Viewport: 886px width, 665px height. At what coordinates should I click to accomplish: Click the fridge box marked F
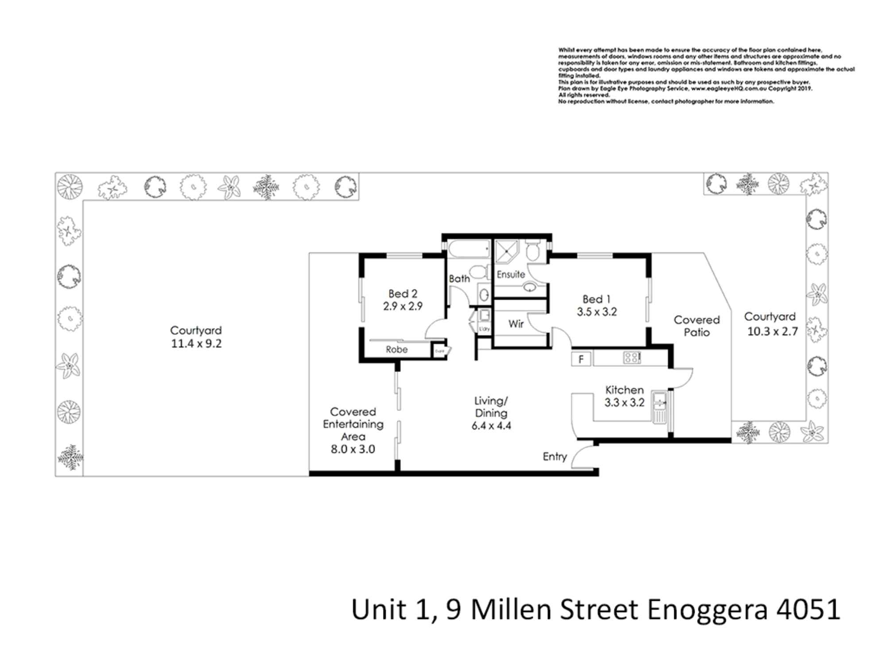(x=581, y=359)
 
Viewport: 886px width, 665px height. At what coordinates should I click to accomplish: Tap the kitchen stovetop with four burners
(x=632, y=357)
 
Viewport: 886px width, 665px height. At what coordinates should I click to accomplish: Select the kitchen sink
(x=660, y=407)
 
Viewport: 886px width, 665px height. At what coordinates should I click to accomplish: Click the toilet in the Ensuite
(x=532, y=251)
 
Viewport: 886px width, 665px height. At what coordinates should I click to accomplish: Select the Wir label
(x=516, y=324)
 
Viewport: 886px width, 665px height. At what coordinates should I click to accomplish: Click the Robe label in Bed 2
(x=396, y=350)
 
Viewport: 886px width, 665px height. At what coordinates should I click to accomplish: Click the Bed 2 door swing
(x=435, y=330)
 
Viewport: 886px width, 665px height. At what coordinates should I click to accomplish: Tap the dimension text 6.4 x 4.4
(x=491, y=426)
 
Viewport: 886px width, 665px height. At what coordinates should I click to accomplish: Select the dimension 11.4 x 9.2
(x=196, y=344)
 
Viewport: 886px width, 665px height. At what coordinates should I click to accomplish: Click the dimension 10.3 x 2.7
(x=773, y=332)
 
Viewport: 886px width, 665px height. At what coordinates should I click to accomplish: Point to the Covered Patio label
(x=697, y=326)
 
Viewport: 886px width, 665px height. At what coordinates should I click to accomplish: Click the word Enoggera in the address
(x=707, y=610)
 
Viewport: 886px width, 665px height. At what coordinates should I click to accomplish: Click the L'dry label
(x=484, y=329)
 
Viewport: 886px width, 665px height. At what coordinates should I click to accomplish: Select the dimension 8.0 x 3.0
(x=353, y=449)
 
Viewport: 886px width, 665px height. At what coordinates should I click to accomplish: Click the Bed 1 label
(x=596, y=299)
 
